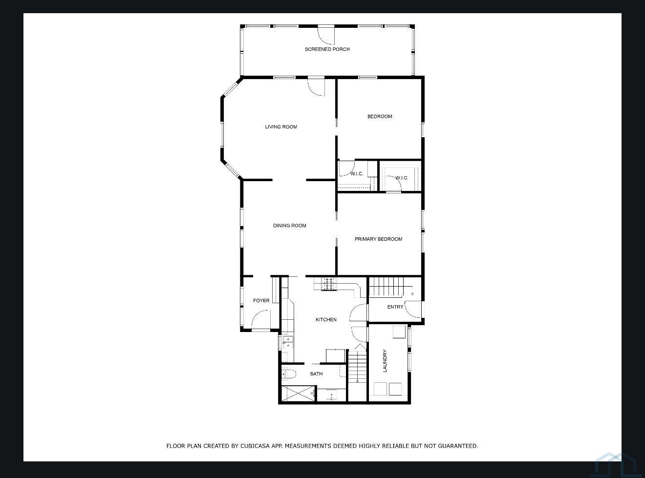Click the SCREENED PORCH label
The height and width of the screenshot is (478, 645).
point(327,49)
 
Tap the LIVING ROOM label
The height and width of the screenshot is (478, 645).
point(281,127)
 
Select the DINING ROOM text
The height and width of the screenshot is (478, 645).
point(289,226)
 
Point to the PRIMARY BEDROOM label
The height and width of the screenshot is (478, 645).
point(378,239)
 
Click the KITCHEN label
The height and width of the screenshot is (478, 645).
point(326,320)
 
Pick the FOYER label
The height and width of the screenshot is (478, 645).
point(261,301)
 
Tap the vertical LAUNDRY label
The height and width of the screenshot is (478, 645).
point(385,361)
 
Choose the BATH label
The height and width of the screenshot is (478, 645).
point(316,374)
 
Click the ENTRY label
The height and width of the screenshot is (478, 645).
point(395,307)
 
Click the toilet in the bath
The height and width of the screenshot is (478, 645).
point(289,374)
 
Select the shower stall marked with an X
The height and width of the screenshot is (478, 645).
point(298,394)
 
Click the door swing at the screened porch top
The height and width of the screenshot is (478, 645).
point(325,34)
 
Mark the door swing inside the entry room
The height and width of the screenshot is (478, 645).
point(413,310)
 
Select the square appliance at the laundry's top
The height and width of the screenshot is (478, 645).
point(399,332)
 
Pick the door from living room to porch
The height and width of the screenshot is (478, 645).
point(317,86)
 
